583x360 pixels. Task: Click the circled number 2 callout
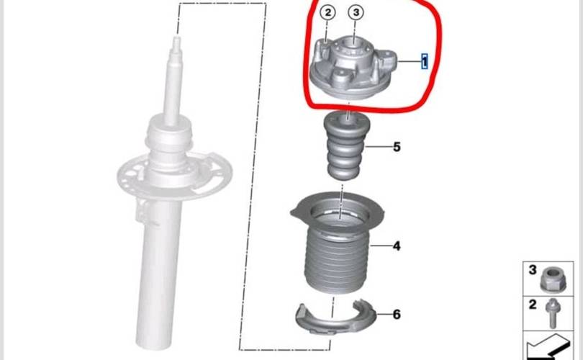(327, 13)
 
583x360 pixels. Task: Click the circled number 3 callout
(356, 12)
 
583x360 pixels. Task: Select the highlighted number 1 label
(424, 61)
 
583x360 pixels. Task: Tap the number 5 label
(397, 147)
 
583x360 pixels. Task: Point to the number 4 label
(397, 246)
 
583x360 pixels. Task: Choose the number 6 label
(397, 315)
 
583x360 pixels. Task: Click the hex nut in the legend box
(553, 279)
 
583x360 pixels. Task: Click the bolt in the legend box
(553, 313)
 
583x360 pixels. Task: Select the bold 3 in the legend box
(533, 269)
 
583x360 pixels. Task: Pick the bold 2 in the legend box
(533, 305)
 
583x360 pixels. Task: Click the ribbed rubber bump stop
(344, 146)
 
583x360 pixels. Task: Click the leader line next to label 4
(380, 246)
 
